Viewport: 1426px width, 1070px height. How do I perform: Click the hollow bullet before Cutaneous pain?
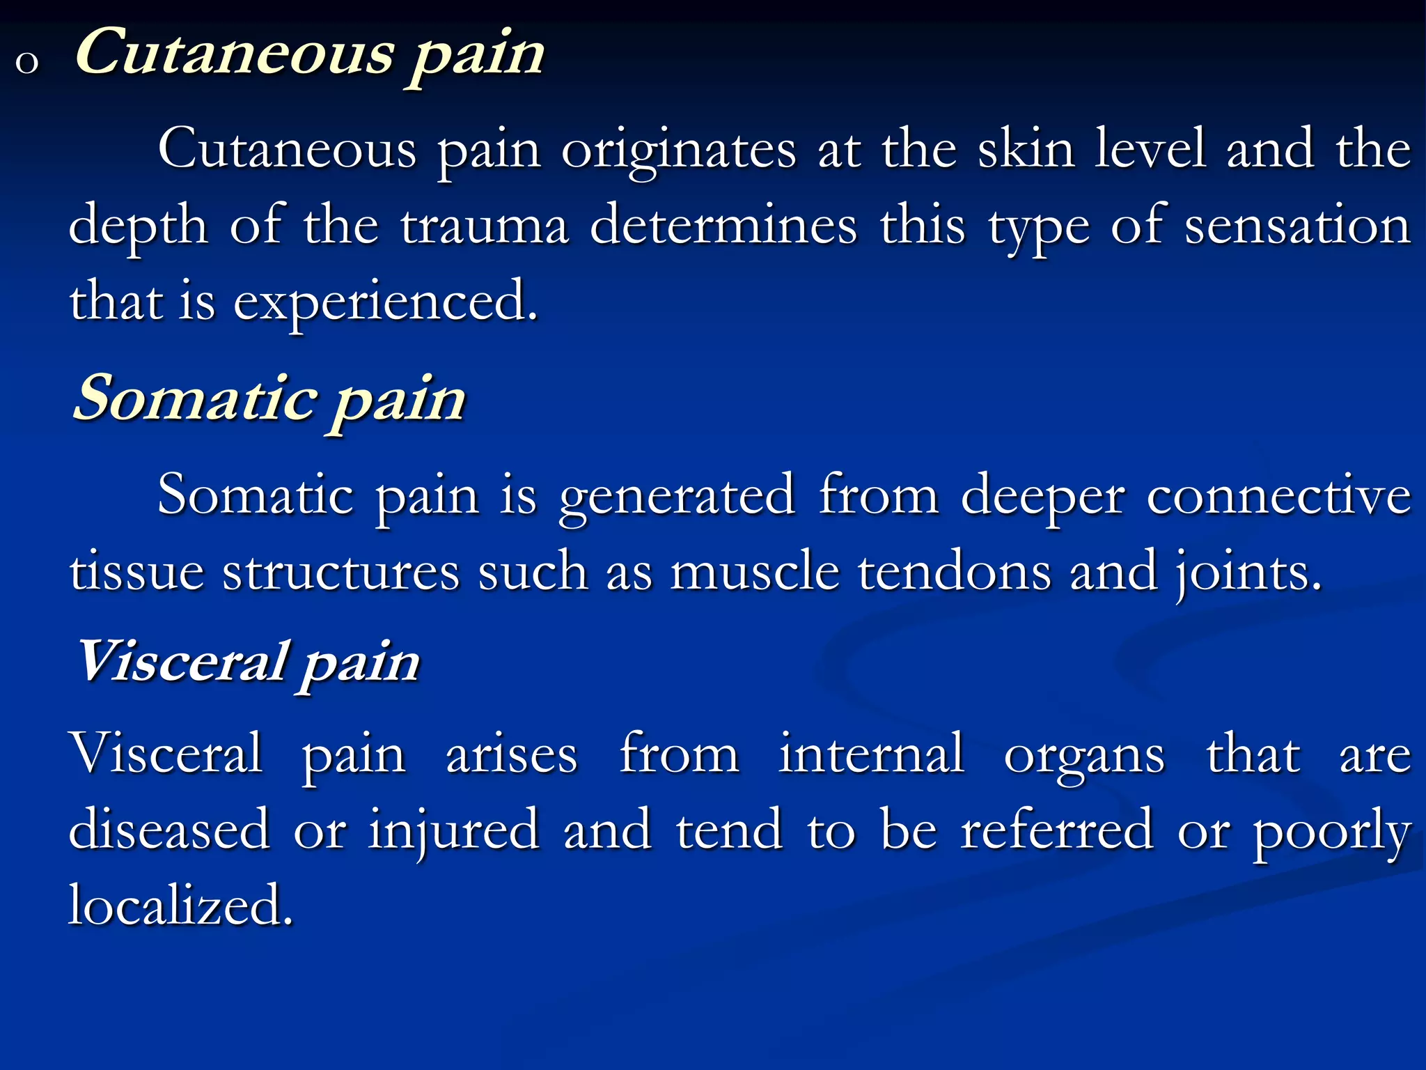click(26, 63)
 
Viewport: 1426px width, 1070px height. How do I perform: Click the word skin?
click(1026, 149)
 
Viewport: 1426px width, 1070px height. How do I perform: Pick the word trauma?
click(485, 226)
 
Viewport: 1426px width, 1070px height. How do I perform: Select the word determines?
click(723, 226)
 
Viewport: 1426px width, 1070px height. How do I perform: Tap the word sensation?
click(1297, 226)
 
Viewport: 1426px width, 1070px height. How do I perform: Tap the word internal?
click(871, 754)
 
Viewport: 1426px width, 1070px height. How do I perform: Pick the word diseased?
click(169, 830)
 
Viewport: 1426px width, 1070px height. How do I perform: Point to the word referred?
click(1056, 830)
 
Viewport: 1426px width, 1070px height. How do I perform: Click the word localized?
click(180, 906)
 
